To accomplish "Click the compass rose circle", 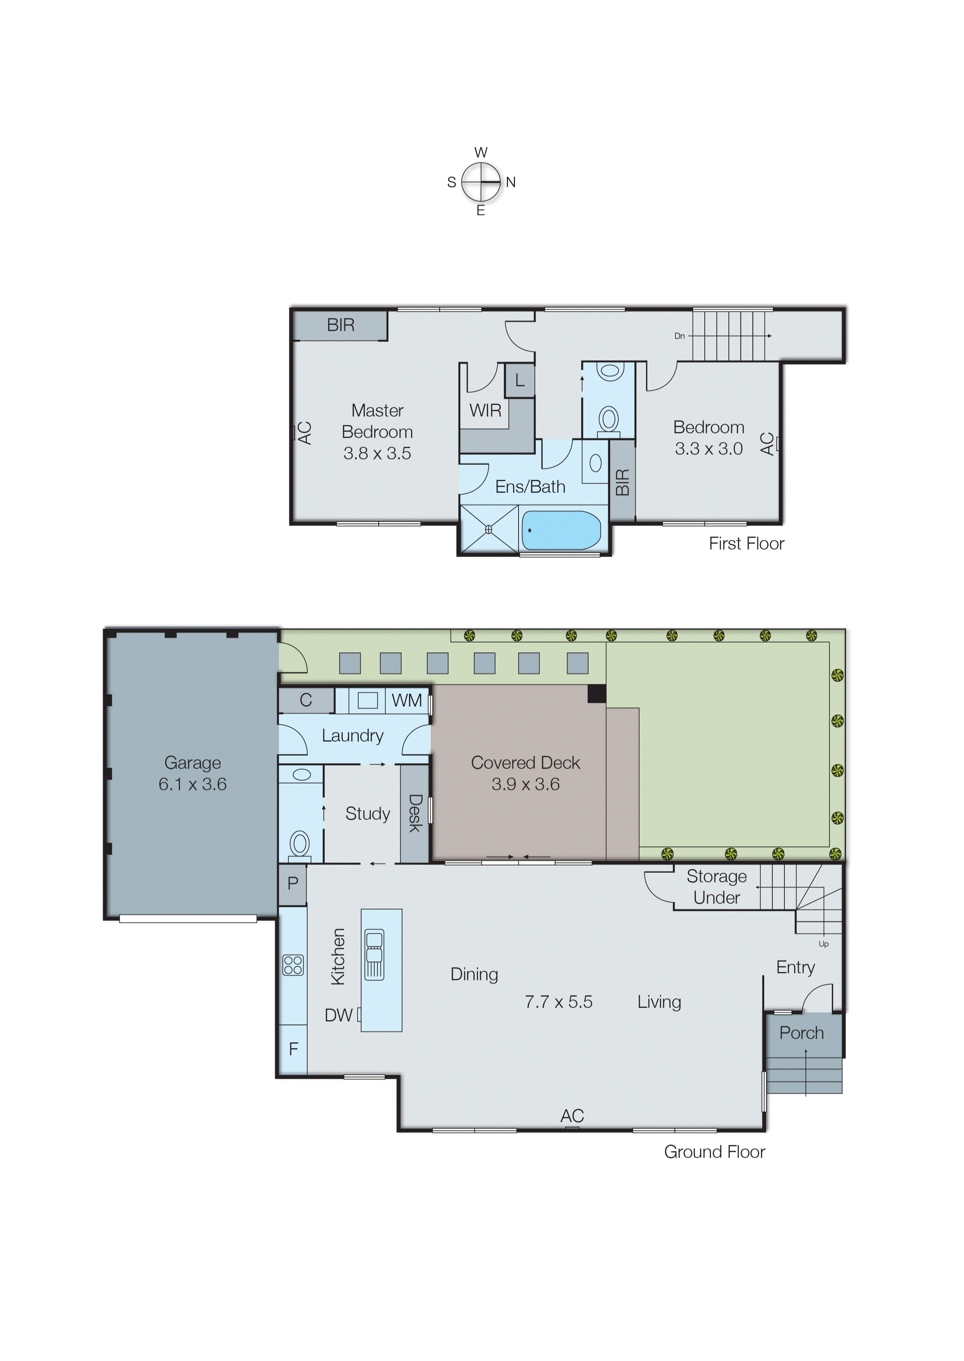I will [481, 182].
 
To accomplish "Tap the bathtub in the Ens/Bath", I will [561, 530].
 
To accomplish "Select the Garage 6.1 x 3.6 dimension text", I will [192, 784].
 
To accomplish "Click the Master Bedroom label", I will [377, 421].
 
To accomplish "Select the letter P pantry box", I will [293, 883].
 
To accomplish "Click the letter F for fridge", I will [293, 1049].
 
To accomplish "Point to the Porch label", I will [802, 1033].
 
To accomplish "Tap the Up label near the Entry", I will [823, 944].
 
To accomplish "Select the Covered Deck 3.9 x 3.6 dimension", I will [525, 784].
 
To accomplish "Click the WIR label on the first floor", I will [485, 410].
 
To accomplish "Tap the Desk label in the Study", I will [415, 813].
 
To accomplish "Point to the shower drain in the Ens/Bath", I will [489, 529].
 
